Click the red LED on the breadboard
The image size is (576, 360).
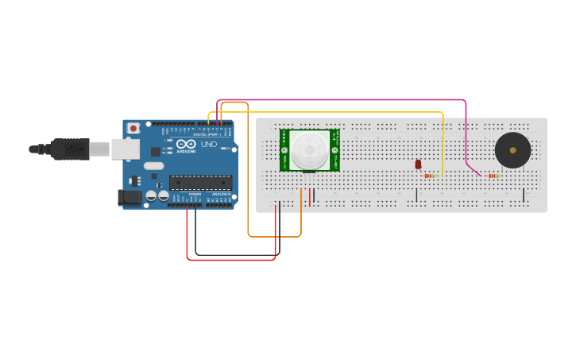pyautogui.click(x=418, y=165)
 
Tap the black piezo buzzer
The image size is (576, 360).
pyautogui.click(x=512, y=150)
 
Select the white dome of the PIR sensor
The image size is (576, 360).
pyautogui.click(x=309, y=149)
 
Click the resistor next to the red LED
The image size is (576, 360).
pyautogui.click(x=429, y=176)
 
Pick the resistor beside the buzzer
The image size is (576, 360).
pyautogui.click(x=493, y=176)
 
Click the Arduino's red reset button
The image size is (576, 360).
pyautogui.click(x=133, y=127)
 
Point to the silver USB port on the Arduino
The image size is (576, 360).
pyautogui.click(x=124, y=149)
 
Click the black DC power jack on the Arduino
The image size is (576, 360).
pyautogui.click(x=129, y=198)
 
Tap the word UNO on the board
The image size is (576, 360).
pyautogui.click(x=208, y=145)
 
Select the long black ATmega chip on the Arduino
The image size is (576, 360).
pyautogui.click(x=200, y=182)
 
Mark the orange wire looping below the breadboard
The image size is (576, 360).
pyautogui.click(x=274, y=236)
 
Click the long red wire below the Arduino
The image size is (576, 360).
pyautogui.click(x=230, y=260)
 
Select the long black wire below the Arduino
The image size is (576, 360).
pyautogui.click(x=238, y=255)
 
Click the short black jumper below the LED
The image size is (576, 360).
pyautogui.click(x=416, y=195)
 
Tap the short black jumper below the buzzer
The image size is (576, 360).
pyautogui.click(x=524, y=195)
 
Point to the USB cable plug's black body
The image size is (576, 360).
pyautogui.click(x=71, y=149)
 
